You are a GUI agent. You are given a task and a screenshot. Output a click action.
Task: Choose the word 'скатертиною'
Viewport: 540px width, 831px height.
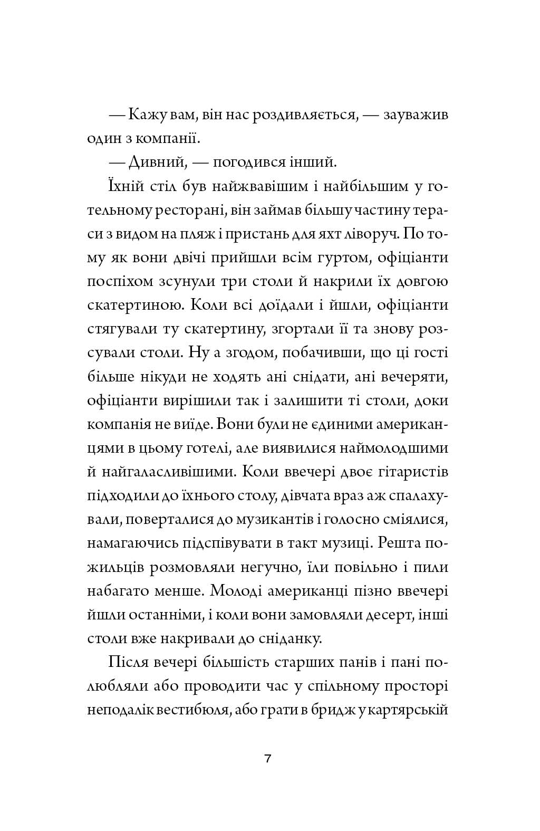(126, 305)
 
